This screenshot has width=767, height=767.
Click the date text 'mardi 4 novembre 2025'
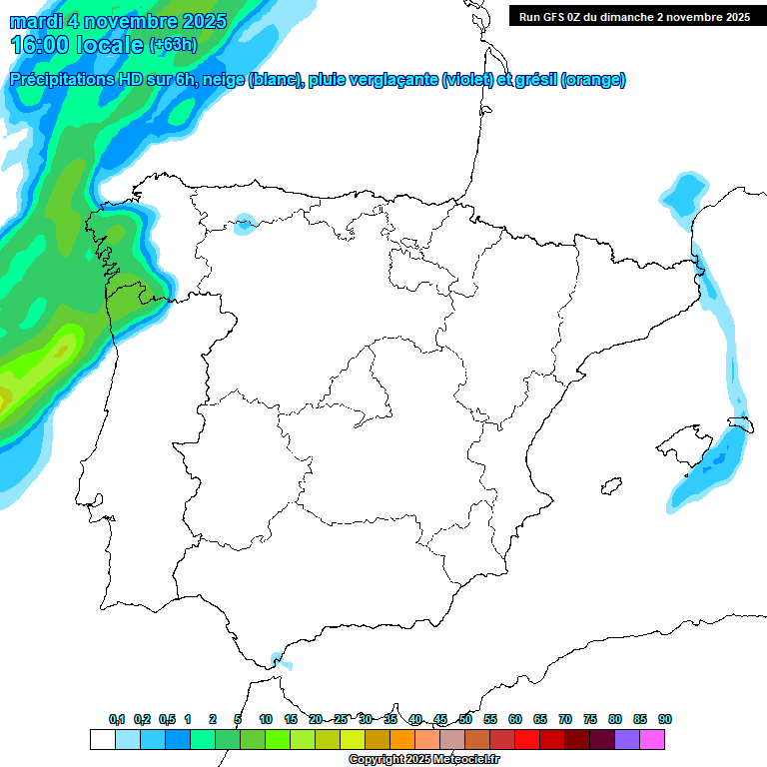point(119,21)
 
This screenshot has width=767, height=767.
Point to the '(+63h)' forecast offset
point(173,45)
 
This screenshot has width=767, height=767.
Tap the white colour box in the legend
point(102,739)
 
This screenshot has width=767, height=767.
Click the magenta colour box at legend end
point(652,739)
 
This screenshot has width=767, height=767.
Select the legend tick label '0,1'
point(117,719)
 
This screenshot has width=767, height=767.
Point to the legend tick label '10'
point(266,719)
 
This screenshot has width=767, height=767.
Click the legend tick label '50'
point(465,719)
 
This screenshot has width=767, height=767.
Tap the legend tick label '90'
point(665,719)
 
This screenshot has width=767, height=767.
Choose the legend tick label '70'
point(565,719)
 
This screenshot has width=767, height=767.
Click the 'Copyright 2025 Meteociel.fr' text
point(423,759)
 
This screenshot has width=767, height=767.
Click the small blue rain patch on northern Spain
point(245,224)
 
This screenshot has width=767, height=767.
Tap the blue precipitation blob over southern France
point(685,192)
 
